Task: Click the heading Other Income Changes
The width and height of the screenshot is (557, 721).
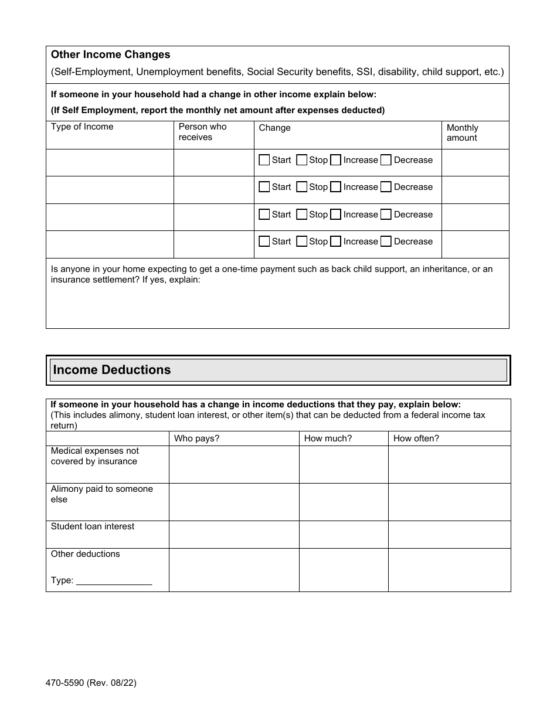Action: [x=110, y=55]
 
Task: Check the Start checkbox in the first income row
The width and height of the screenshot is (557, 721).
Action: [x=264, y=160]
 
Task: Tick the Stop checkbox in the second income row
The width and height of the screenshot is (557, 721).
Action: [x=302, y=187]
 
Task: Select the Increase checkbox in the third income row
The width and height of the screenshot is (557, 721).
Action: [x=336, y=215]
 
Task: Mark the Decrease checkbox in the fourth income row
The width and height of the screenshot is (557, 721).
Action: [x=386, y=242]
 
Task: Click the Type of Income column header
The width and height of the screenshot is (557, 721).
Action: [x=82, y=127]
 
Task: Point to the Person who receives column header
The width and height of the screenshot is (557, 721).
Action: [x=202, y=132]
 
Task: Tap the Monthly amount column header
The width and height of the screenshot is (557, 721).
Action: [x=462, y=133]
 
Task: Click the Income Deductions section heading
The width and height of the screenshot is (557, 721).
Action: [x=112, y=370]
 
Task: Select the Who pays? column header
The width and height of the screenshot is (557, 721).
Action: [x=196, y=438]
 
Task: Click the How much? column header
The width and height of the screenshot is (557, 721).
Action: [x=328, y=438]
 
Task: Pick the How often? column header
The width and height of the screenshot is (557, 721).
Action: [x=416, y=438]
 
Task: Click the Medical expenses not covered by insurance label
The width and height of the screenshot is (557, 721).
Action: [x=94, y=456]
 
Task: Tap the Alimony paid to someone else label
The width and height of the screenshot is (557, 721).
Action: [x=101, y=494]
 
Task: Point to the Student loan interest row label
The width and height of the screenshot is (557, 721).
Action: [x=93, y=526]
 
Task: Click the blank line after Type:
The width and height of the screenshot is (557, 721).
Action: [x=114, y=581]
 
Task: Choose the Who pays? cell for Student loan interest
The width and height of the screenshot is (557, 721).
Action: [x=234, y=535]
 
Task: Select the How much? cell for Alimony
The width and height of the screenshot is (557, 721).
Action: [x=344, y=502]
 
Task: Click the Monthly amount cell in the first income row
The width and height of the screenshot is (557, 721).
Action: [x=475, y=162]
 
